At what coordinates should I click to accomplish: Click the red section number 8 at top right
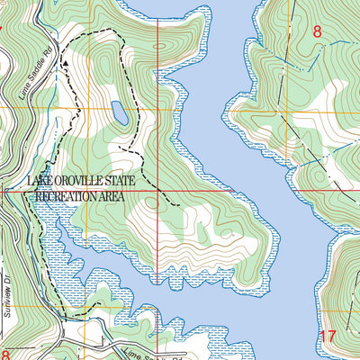click(x=317, y=31)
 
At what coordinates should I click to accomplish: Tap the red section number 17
click(x=328, y=337)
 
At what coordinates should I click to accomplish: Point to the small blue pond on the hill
click(x=118, y=112)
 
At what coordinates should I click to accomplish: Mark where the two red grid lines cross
click(x=158, y=191)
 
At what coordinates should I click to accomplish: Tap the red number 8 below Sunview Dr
click(x=4, y=356)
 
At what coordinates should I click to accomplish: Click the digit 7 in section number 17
click(x=332, y=337)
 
